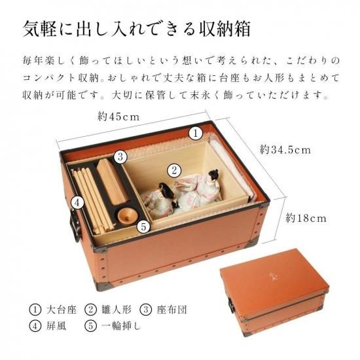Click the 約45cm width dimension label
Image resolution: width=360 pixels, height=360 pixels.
(x=118, y=117)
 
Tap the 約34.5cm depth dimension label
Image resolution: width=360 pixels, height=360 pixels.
(x=285, y=150)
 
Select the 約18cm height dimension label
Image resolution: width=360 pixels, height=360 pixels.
(x=306, y=218)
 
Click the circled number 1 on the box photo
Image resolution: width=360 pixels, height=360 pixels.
(x=196, y=134)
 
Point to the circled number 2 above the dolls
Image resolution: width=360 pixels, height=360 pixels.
(x=174, y=171)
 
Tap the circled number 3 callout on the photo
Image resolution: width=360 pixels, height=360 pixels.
(x=120, y=157)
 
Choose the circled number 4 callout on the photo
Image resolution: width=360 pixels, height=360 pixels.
(x=78, y=203)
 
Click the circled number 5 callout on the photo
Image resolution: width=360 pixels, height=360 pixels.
(x=143, y=227)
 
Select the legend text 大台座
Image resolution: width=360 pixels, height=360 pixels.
(x=61, y=310)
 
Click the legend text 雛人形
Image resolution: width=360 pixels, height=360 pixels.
(x=117, y=310)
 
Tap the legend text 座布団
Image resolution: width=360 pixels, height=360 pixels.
(x=171, y=310)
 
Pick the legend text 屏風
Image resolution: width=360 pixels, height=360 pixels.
(x=56, y=326)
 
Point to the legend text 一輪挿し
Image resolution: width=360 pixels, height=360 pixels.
(x=121, y=326)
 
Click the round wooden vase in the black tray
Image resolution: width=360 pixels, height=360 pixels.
(x=128, y=215)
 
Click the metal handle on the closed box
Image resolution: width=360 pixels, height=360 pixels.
(x=230, y=305)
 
